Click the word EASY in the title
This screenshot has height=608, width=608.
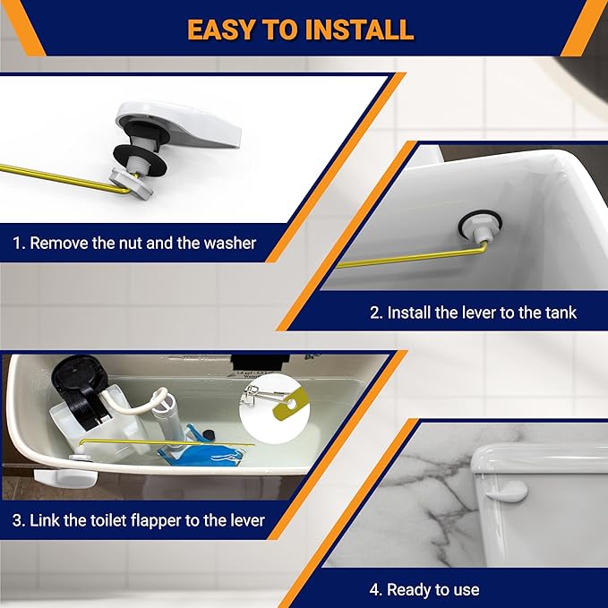(x=224, y=29)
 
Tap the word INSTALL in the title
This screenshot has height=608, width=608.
(x=362, y=29)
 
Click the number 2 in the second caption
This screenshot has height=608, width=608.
(x=375, y=313)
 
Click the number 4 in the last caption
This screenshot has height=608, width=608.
(x=375, y=589)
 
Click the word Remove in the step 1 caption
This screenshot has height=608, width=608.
(x=58, y=243)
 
